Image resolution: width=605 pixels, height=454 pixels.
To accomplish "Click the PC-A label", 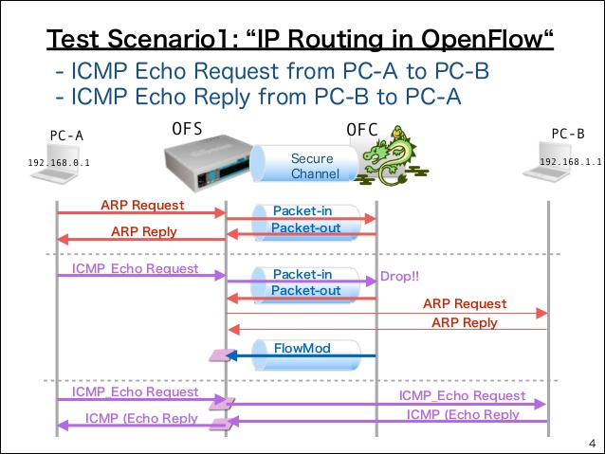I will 66,135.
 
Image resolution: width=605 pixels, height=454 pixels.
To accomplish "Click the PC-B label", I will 568,134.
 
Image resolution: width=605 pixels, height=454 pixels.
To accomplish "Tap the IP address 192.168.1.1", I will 571,161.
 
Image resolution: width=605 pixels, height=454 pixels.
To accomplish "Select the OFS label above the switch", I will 188,128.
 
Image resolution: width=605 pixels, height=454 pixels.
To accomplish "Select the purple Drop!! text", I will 399,277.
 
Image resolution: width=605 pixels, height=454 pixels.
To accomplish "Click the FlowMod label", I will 303,349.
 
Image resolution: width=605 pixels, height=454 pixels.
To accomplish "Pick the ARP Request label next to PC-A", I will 142,205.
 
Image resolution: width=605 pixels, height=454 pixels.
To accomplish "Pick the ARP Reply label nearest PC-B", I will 465,322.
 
